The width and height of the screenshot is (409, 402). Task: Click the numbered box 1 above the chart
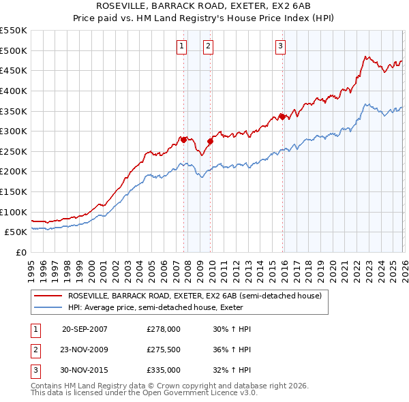182,46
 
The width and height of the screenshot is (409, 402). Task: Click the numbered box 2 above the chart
208,46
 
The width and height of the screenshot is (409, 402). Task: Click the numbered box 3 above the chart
280,46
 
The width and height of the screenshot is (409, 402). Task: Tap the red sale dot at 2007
183,140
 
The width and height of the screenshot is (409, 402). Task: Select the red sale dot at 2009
210,141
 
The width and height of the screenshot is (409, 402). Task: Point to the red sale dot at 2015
282,117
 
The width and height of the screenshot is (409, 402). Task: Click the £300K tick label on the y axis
14,131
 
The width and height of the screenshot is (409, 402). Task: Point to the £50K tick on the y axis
16,232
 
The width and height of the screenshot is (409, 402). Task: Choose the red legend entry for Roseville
198,296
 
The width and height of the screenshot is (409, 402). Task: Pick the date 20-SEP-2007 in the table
85,329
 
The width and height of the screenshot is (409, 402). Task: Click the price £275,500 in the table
163,350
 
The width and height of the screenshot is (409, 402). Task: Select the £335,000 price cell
163,370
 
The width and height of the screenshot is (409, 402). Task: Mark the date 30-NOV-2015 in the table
85,370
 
